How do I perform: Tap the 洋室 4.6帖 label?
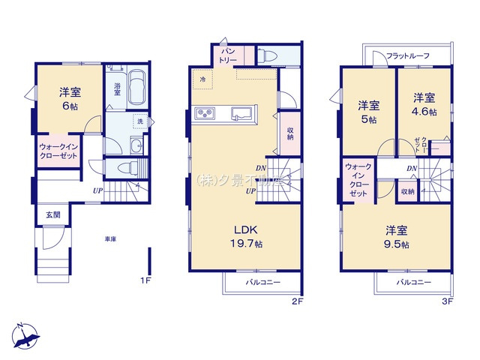[424, 103]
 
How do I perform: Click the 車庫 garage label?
[109, 238]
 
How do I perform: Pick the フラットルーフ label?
[408, 56]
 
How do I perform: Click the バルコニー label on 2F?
[262, 282]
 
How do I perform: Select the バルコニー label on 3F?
[413, 282]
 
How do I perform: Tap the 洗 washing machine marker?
[139, 121]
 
